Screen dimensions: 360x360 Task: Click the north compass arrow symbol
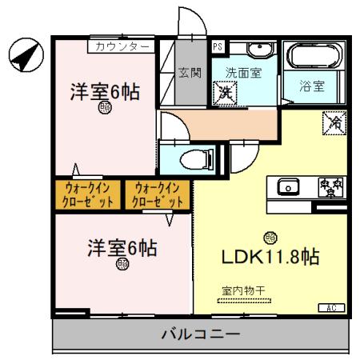23,55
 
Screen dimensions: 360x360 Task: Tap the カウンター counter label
121,47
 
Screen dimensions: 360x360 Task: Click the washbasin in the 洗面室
258,51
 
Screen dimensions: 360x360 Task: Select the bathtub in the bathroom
313,56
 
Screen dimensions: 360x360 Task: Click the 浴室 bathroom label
312,86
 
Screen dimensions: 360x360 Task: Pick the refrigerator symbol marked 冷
333,124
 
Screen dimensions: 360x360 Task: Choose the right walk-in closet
158,194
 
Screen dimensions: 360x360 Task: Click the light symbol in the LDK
270,237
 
